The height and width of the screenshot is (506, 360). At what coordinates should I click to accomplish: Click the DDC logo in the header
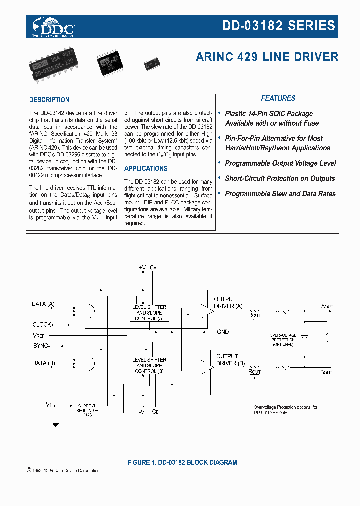[53, 27]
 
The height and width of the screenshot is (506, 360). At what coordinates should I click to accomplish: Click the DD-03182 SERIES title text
[278, 26]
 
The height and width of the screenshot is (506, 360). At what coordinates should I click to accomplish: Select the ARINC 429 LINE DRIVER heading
[267, 57]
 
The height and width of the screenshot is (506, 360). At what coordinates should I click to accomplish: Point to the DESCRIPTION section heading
[49, 100]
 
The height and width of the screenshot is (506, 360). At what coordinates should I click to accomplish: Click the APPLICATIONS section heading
[146, 168]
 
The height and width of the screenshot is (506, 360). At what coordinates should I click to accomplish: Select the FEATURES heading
[278, 98]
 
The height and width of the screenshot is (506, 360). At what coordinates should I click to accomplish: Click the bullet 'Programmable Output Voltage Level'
[280, 163]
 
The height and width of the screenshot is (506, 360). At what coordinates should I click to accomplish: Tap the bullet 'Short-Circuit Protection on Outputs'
[280, 178]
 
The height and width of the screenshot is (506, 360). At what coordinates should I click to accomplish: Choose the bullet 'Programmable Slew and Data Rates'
[280, 194]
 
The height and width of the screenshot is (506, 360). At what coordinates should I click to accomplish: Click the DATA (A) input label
[43, 304]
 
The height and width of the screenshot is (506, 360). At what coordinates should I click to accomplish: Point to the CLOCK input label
[42, 325]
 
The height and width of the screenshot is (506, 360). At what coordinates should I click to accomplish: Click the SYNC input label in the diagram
[41, 346]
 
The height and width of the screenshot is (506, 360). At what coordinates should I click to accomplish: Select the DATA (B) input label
[43, 363]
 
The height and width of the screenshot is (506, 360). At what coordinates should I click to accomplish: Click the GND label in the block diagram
[223, 332]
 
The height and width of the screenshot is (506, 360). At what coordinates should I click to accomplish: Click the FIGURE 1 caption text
[182, 462]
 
